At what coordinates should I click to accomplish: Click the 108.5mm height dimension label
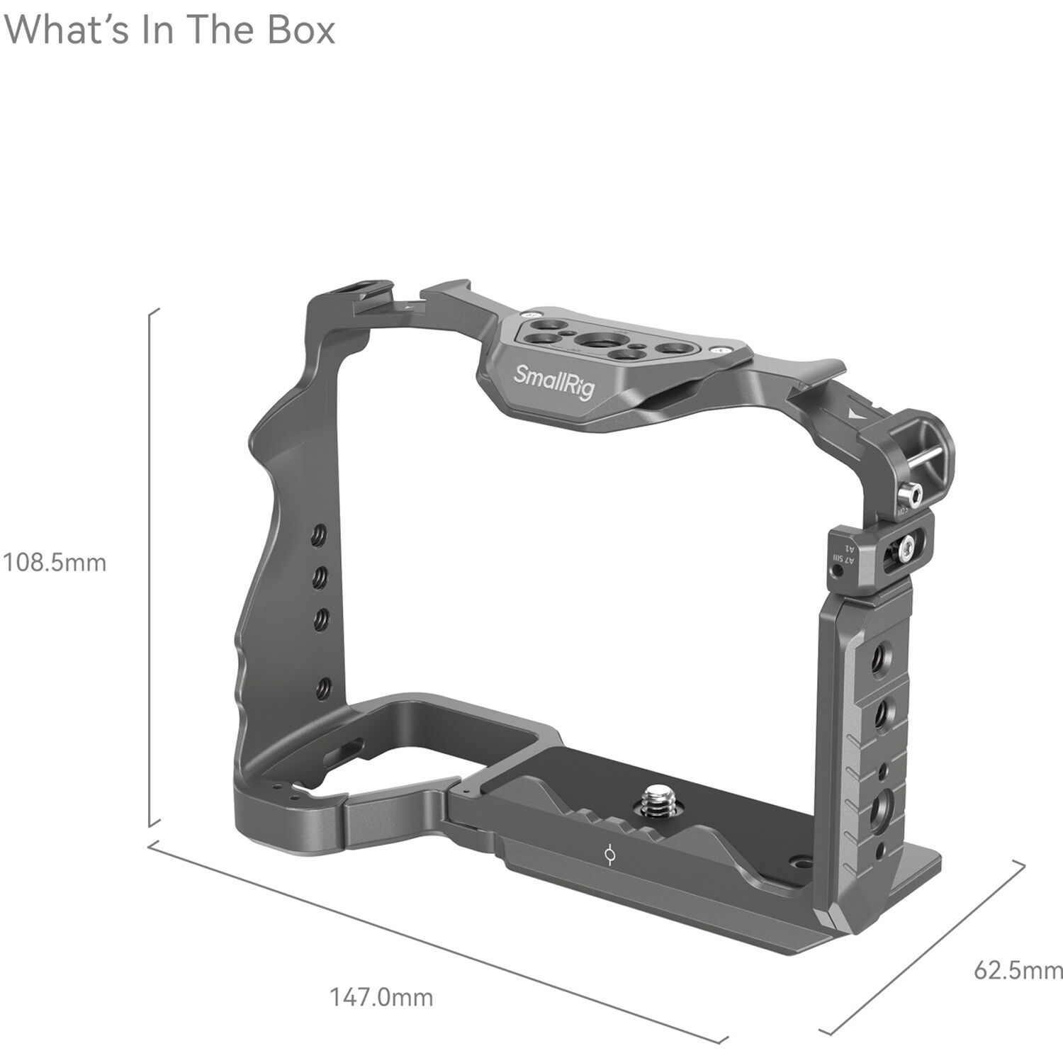tap(55, 563)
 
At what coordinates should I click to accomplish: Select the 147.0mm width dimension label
tap(381, 997)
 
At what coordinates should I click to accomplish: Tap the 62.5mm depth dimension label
tap(1018, 969)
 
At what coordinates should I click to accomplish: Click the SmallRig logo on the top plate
tap(553, 381)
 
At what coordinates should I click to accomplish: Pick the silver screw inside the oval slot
tap(908, 546)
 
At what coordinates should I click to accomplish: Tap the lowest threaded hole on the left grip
tap(322, 687)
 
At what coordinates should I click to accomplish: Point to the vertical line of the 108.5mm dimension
tap(150, 567)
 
